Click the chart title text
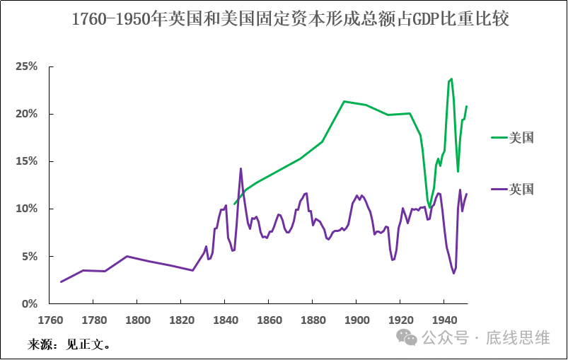click(x=290, y=19)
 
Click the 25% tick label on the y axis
click(x=26, y=66)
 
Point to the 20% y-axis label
click(x=26, y=114)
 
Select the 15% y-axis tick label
click(x=26, y=161)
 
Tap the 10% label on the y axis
click(x=26, y=209)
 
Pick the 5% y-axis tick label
click(x=28, y=256)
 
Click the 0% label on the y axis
click(x=28, y=303)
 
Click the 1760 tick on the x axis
click(x=50, y=319)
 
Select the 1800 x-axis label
click(x=137, y=319)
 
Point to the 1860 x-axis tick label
click(x=269, y=319)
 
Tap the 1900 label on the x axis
click(x=357, y=319)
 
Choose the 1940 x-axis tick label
click(x=444, y=319)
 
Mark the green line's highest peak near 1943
click(x=451, y=79)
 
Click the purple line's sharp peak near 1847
click(x=241, y=168)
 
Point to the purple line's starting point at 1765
click(x=61, y=281)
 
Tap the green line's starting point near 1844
click(x=234, y=204)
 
